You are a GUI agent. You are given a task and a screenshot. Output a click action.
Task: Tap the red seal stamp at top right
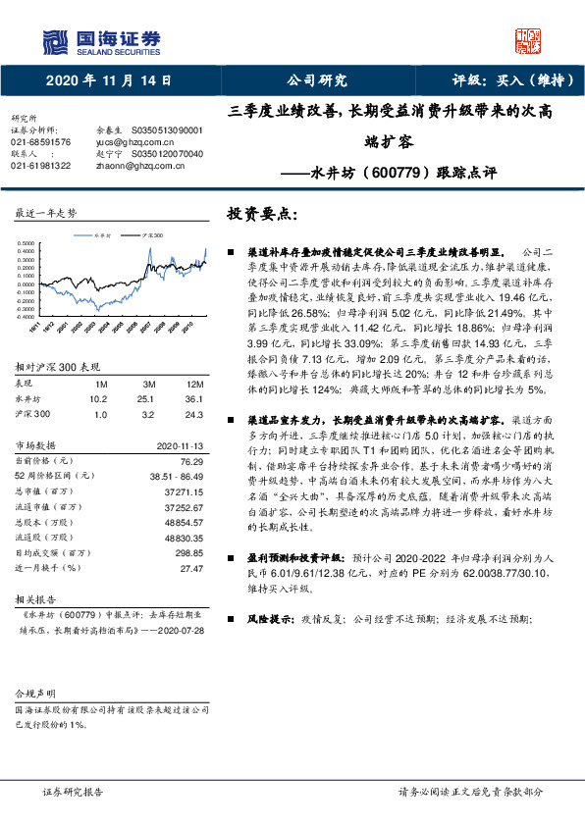[x=529, y=40]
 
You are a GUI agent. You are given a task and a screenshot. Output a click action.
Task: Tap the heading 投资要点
[x=260, y=212]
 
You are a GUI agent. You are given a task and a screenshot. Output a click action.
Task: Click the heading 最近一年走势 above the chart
[x=45, y=212]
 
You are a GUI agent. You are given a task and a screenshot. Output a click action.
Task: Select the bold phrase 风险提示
[x=265, y=619]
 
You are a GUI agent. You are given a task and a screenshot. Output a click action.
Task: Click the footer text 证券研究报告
[x=72, y=791]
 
